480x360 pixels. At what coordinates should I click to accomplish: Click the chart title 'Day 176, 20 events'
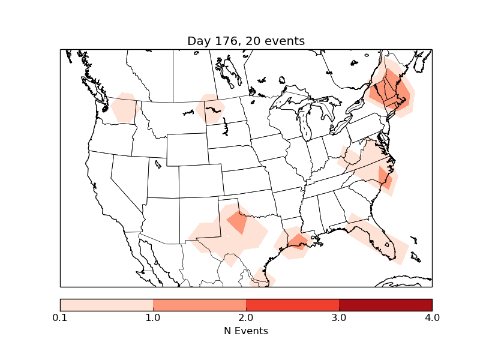(x=246, y=41)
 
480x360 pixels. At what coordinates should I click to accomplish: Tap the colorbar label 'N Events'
(x=246, y=331)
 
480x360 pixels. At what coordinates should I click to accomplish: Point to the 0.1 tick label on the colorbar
(x=60, y=317)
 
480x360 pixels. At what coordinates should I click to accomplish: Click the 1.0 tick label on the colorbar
(x=153, y=317)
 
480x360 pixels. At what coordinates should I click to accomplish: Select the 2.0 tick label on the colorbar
(x=246, y=317)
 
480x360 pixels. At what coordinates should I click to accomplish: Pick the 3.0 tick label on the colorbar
(x=339, y=317)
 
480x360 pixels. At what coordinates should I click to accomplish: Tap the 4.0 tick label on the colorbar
(x=431, y=317)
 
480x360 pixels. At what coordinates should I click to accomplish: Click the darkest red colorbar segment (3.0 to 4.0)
(x=385, y=305)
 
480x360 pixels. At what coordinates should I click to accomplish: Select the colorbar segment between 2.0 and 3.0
(x=292, y=305)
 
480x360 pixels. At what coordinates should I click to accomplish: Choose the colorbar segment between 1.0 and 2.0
(x=199, y=305)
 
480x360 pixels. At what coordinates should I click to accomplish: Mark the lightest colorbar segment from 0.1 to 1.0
(x=106, y=305)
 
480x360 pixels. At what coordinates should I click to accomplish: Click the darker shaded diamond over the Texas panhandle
(x=238, y=223)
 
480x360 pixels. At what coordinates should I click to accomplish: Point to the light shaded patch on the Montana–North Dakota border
(x=210, y=109)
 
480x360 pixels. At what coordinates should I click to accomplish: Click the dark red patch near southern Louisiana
(x=298, y=241)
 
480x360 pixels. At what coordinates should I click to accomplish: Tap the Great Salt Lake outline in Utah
(x=158, y=163)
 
